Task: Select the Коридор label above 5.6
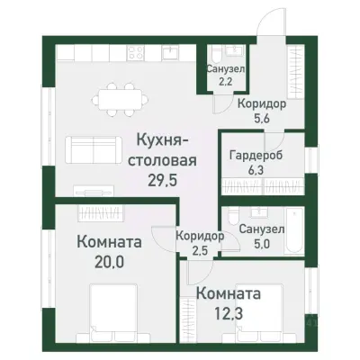click(x=262, y=103)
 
